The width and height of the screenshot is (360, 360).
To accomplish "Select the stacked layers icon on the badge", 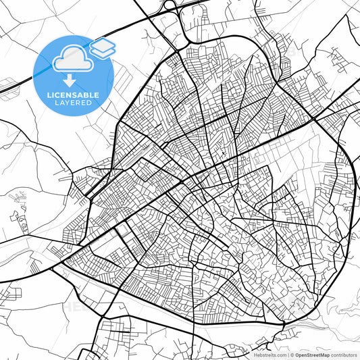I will [x=103, y=48].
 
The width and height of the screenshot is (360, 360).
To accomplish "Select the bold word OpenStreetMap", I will [x=309, y=355].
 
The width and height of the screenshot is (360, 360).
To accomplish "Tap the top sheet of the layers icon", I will [x=103, y=45].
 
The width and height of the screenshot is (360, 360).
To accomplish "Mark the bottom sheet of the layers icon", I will [x=103, y=52].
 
